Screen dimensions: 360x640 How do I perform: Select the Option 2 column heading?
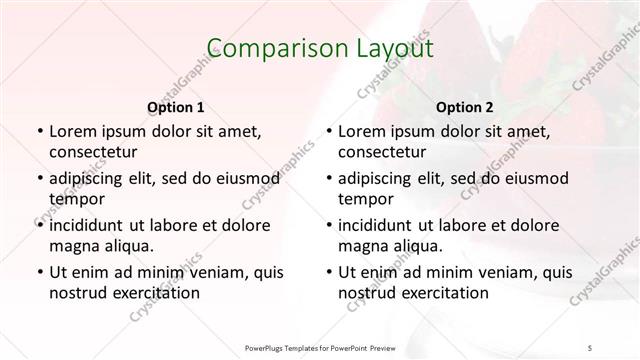pos(464,106)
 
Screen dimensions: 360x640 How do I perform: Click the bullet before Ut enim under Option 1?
pos(38,272)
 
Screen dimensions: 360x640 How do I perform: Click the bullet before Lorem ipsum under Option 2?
pos(327,132)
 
